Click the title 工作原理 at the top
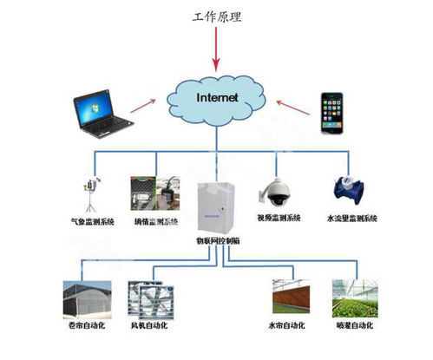(216, 17)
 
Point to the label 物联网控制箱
(216, 239)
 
